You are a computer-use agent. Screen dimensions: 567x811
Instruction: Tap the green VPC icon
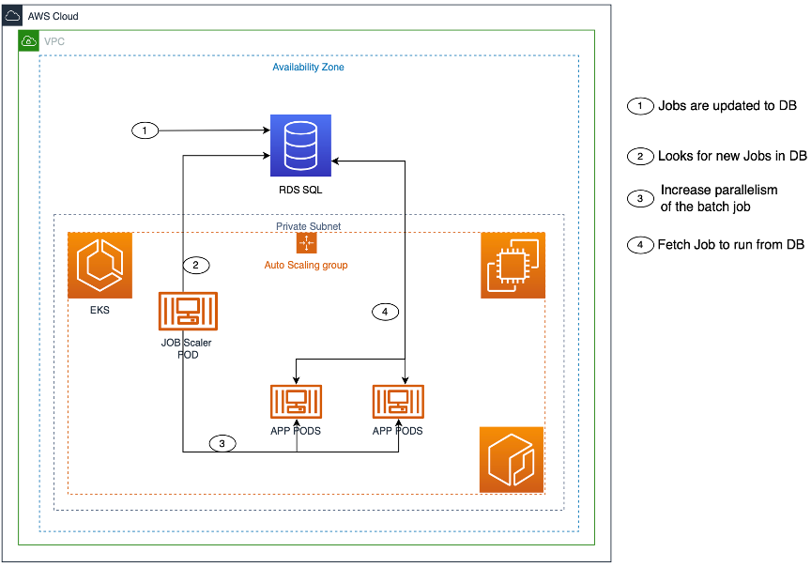(x=29, y=40)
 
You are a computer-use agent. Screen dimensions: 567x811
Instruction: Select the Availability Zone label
(x=309, y=68)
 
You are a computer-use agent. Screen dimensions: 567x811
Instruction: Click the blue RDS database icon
(x=300, y=146)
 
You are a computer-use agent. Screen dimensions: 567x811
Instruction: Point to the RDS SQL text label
(x=300, y=191)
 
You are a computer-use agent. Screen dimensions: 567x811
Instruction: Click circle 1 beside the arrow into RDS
(x=145, y=130)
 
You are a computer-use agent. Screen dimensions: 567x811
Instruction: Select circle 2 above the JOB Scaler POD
(x=194, y=266)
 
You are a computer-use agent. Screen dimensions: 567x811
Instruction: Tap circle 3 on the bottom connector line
(x=222, y=443)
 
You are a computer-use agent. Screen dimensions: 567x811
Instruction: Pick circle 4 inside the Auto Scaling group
(x=384, y=312)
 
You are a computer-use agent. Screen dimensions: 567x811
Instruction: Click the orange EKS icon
(x=99, y=265)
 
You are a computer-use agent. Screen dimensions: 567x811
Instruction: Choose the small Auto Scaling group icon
(x=306, y=244)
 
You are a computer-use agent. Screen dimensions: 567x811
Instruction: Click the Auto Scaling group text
(x=306, y=266)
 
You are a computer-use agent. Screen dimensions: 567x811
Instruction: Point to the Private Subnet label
(x=308, y=226)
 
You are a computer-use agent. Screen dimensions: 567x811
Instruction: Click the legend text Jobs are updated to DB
(x=727, y=106)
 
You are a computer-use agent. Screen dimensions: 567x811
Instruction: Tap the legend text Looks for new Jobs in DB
(x=732, y=156)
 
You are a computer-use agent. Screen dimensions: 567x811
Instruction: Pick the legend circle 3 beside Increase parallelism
(x=639, y=198)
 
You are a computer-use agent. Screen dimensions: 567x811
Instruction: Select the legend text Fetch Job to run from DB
(x=730, y=245)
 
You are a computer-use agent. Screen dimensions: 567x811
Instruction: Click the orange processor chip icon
(x=513, y=266)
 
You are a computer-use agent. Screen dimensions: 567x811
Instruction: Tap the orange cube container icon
(x=512, y=460)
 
